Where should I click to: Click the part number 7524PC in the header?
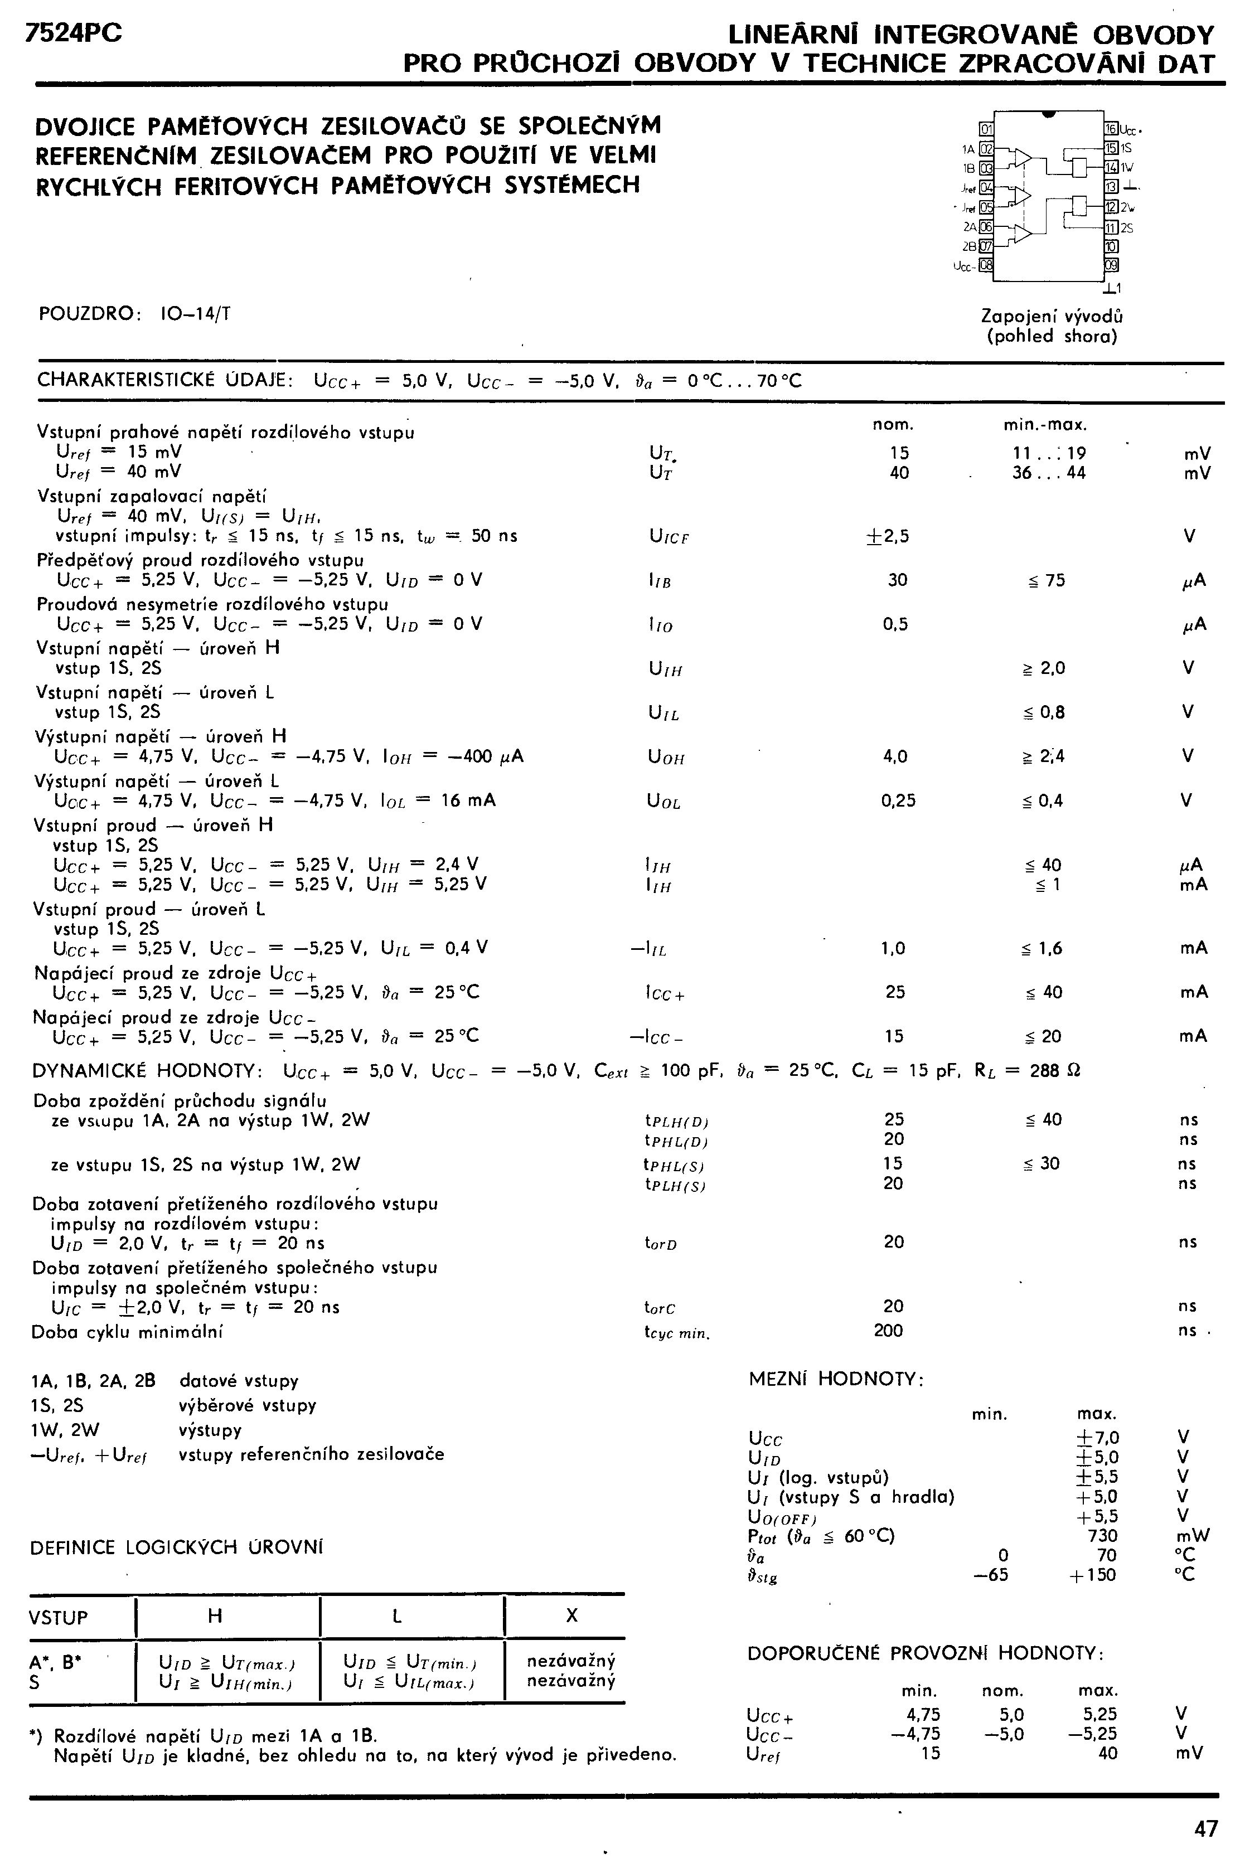click(74, 33)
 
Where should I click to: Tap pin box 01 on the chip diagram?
click(986, 129)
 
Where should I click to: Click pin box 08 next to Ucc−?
click(986, 265)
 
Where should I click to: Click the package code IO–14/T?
click(195, 314)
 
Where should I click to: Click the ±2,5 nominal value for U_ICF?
click(888, 536)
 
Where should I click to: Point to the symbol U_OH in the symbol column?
click(666, 758)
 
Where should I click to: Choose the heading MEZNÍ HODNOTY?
click(836, 1380)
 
